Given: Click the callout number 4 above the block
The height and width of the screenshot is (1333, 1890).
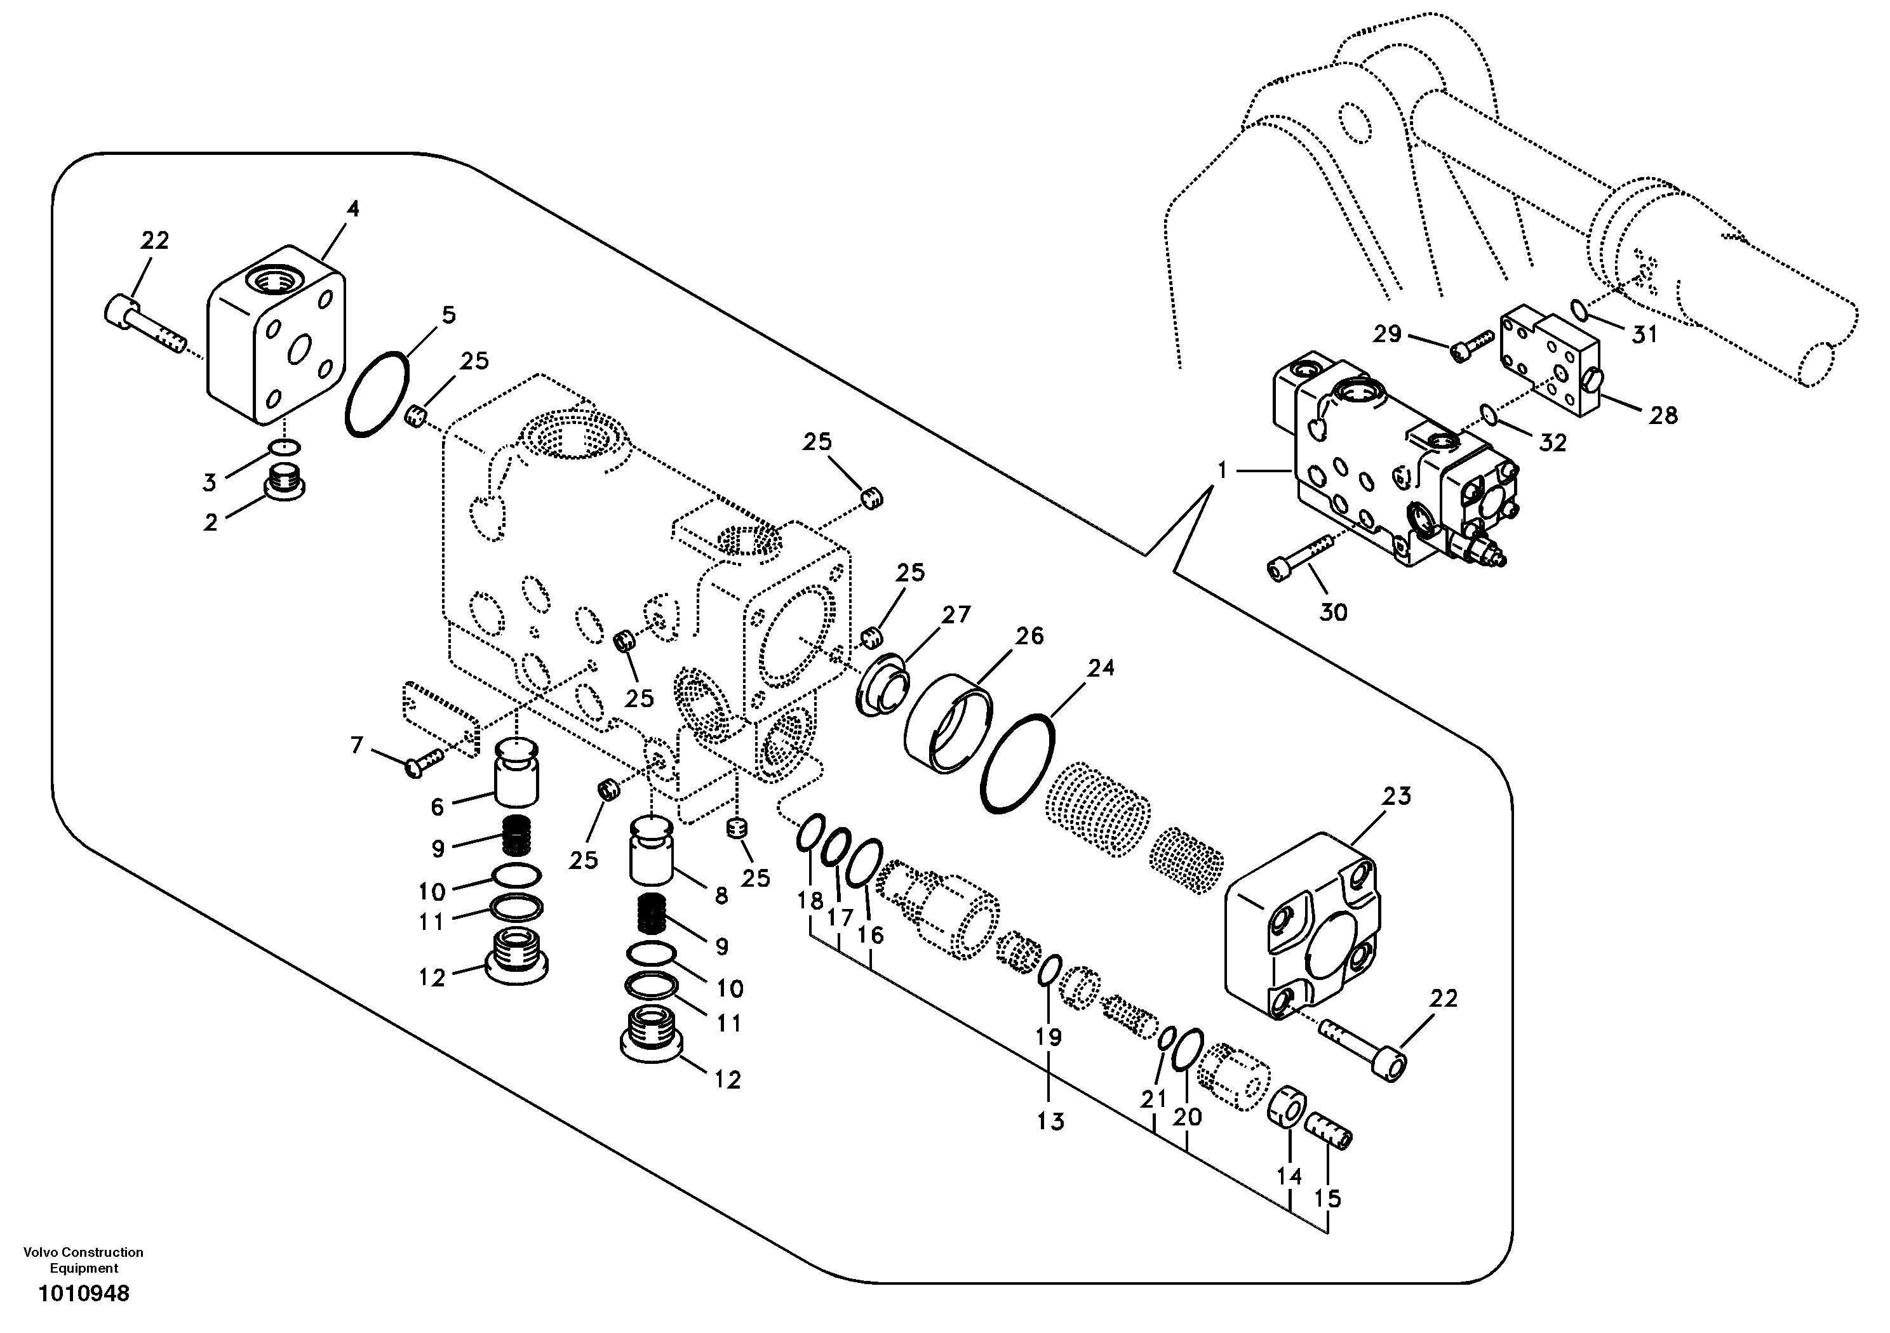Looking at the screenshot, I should [352, 209].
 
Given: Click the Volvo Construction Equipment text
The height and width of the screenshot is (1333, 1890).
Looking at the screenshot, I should [83, 1261].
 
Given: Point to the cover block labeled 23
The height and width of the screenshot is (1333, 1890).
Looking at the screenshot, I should [1303, 927].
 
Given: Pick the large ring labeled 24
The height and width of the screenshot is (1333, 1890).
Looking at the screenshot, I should [1017, 764].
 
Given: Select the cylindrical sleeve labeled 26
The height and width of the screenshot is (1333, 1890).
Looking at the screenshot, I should [947, 722].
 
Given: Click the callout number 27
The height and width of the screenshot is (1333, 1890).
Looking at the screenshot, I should [956, 614].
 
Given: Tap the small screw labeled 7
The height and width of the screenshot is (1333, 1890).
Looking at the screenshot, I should [423, 762].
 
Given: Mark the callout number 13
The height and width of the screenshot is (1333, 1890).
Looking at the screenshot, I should [1050, 1121].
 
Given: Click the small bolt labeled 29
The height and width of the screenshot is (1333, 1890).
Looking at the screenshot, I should [1470, 345].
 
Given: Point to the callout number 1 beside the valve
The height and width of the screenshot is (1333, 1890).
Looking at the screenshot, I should [1223, 470].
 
